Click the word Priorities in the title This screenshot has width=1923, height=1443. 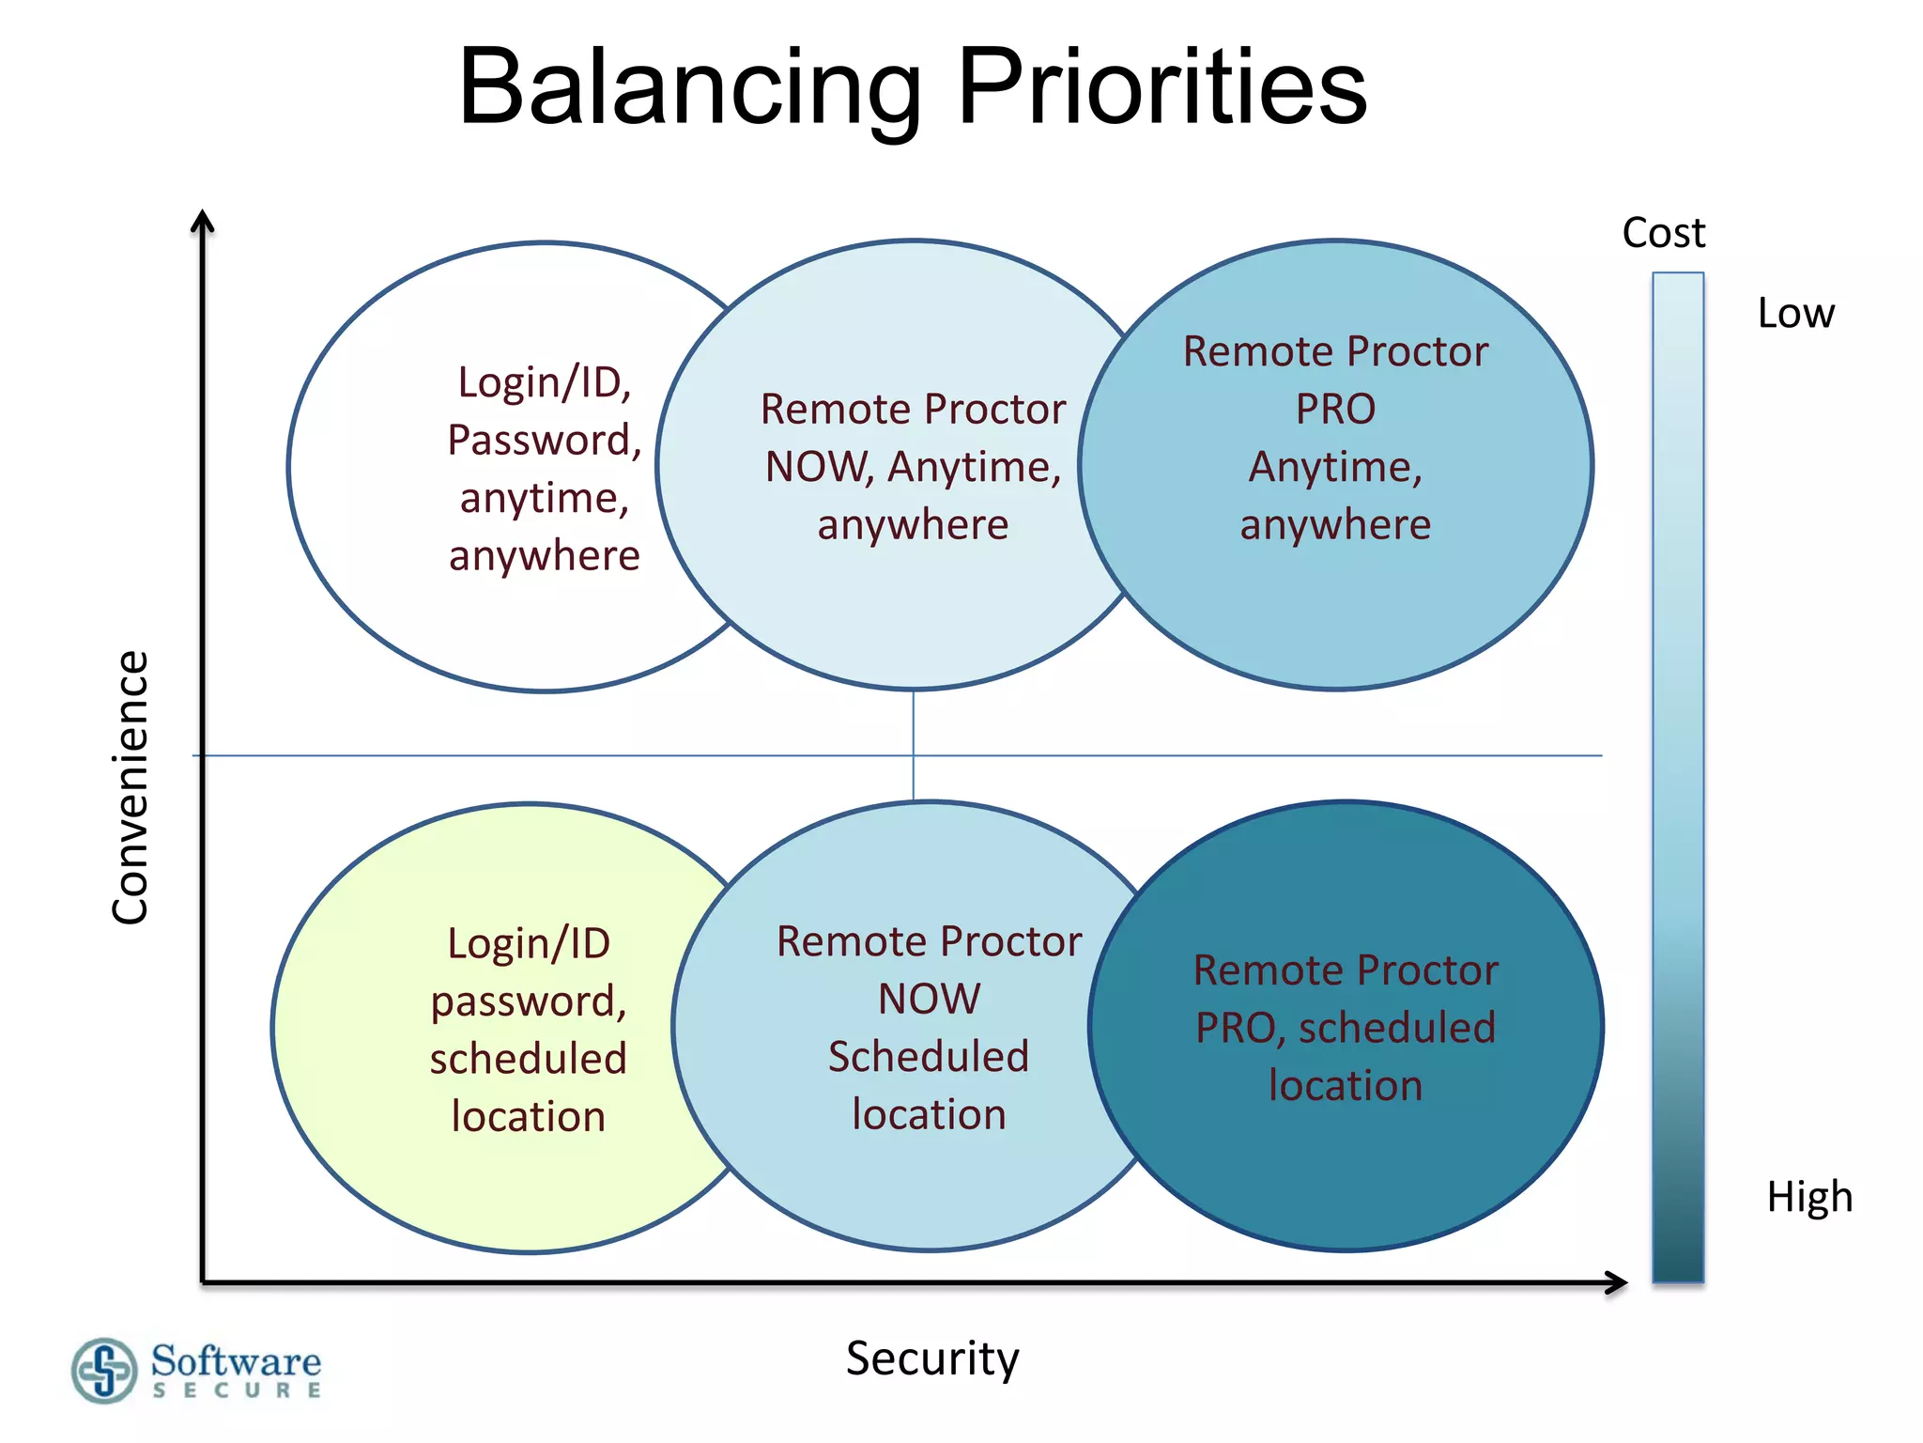pyautogui.click(x=1161, y=89)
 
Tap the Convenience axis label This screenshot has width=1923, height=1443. pyautogui.click(x=130, y=787)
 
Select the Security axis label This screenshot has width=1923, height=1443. pyautogui.click(x=931, y=1358)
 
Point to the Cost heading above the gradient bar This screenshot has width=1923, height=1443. pyautogui.click(x=1663, y=233)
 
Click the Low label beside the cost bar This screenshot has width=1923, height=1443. pyautogui.click(x=1795, y=313)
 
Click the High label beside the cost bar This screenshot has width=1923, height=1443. pyautogui.click(x=1809, y=1197)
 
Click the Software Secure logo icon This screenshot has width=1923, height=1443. pyautogui.click(x=103, y=1371)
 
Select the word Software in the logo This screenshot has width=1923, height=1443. pyautogui.click(x=236, y=1360)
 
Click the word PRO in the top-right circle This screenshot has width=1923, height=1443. pyautogui.click(x=1335, y=410)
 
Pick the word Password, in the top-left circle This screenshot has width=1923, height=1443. pyautogui.click(x=545, y=440)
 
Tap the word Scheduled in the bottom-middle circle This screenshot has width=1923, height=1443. pyautogui.click(x=929, y=1057)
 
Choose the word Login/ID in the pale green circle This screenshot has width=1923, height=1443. pyautogui.click(x=529, y=943)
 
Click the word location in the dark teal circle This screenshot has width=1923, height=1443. pyautogui.click(x=1346, y=1086)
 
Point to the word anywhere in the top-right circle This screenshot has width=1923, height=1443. pyautogui.click(x=1335, y=524)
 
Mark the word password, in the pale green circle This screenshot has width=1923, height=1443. pyautogui.click(x=529, y=1001)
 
